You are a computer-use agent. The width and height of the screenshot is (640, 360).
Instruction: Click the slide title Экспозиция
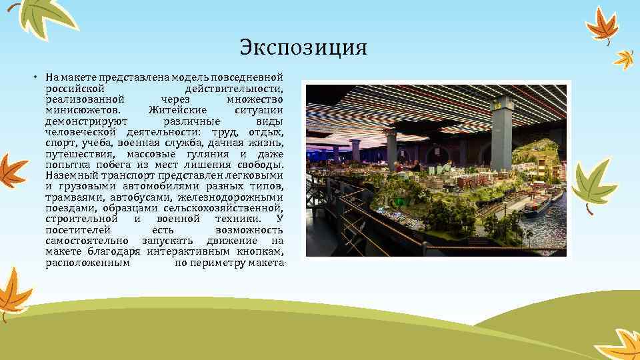[x=303, y=49]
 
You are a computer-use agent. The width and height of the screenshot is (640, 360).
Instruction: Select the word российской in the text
[x=73, y=89]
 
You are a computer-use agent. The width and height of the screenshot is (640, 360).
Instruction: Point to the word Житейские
[x=178, y=109]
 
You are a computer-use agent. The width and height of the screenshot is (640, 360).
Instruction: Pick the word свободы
[x=261, y=164]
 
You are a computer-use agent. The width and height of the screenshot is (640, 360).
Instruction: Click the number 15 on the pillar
[x=496, y=105]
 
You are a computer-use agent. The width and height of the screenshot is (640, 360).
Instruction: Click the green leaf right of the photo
[x=594, y=185]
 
